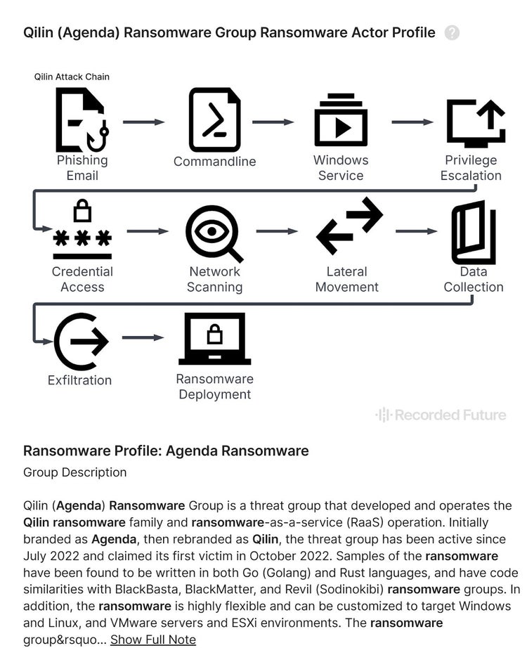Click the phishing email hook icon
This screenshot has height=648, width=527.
[x=82, y=119]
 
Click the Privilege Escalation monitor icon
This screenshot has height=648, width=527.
[x=475, y=122]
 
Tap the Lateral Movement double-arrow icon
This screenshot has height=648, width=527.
[x=349, y=226]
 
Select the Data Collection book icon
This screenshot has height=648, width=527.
[x=473, y=232]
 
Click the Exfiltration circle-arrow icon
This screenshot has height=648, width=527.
[x=80, y=342]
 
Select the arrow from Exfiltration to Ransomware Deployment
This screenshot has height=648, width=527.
[x=143, y=338]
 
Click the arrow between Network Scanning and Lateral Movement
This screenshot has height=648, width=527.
[x=278, y=231]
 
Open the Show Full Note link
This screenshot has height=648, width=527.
[x=152, y=639]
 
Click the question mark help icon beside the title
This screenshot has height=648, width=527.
[x=452, y=33]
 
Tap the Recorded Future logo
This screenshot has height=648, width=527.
[x=441, y=415]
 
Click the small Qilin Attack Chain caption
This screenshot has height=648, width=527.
[x=72, y=77]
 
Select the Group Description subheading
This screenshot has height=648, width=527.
[x=74, y=472]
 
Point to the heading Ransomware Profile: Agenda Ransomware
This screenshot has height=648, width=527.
[x=166, y=451]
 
